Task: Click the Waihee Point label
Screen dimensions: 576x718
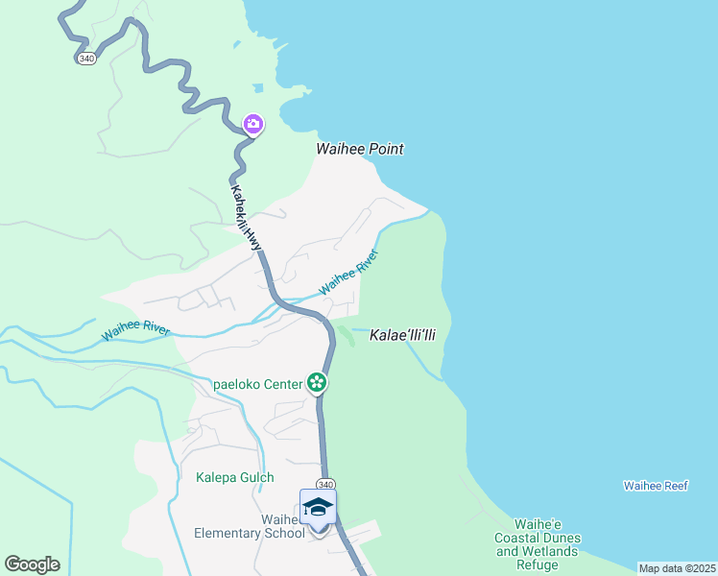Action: [360, 150]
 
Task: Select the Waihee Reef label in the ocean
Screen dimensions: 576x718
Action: [655, 487]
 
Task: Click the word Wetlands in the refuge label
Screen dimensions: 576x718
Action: [550, 551]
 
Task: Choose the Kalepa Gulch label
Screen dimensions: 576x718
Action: [235, 477]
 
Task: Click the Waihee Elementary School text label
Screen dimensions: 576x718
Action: [249, 526]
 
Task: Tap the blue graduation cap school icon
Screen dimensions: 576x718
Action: [318, 507]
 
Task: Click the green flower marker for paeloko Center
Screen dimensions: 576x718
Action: [318, 383]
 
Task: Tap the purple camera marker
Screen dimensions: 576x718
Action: [253, 123]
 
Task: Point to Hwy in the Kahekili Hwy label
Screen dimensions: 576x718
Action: [253, 239]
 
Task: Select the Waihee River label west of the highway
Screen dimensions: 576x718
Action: [135, 330]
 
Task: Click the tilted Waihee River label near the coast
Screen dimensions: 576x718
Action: [348, 272]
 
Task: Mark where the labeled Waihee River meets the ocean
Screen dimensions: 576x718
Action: [428, 214]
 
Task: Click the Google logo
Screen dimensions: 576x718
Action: [32, 564]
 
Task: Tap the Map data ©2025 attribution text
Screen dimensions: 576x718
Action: [677, 568]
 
